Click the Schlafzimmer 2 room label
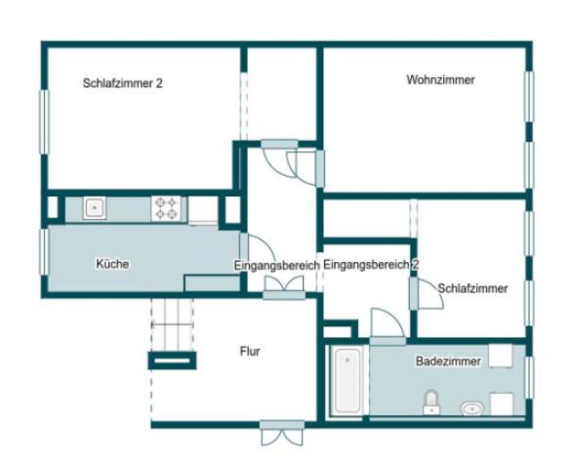(x=123, y=84)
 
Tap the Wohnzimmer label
(x=440, y=80)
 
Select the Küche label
(x=112, y=264)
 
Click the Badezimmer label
(x=448, y=362)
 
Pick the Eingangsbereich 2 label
(x=371, y=265)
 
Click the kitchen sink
(x=95, y=207)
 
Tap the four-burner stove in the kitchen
(x=166, y=207)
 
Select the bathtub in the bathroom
(x=347, y=381)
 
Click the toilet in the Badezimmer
(x=430, y=401)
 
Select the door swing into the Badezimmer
(x=386, y=324)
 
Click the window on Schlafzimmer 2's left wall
(x=43, y=121)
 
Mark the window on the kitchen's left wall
(x=43, y=251)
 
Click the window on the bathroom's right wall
(x=529, y=375)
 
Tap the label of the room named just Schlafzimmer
(x=472, y=288)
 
